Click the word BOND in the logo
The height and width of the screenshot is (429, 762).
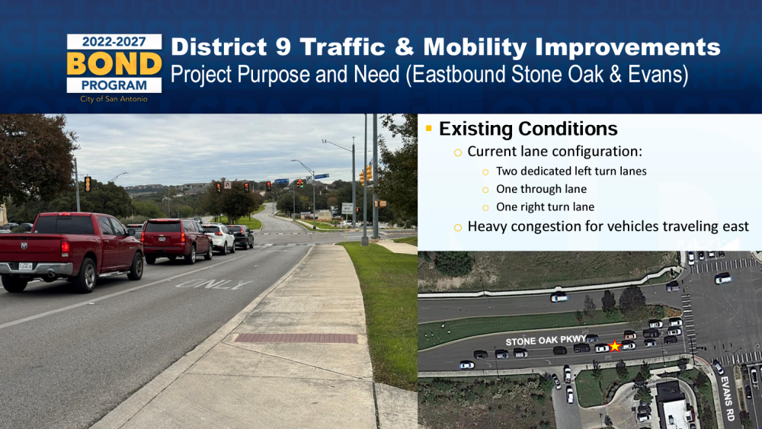coord(114,63)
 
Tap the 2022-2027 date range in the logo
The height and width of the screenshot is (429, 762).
coord(114,42)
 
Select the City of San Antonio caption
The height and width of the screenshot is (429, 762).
coord(114,99)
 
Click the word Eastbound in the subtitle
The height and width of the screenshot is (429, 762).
coord(454,75)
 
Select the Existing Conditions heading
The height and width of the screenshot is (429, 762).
coord(528,129)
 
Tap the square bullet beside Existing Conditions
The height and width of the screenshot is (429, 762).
coord(428,128)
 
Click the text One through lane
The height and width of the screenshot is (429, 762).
coord(541,189)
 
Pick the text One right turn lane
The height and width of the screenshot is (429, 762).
coord(545,207)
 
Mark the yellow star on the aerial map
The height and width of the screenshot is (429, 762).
coord(615,346)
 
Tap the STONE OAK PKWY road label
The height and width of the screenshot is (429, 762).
coord(546,340)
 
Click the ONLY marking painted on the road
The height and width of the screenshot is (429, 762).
coord(214,284)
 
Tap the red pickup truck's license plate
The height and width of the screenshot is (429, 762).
coord(25,266)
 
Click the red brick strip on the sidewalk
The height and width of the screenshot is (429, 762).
coord(296,338)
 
